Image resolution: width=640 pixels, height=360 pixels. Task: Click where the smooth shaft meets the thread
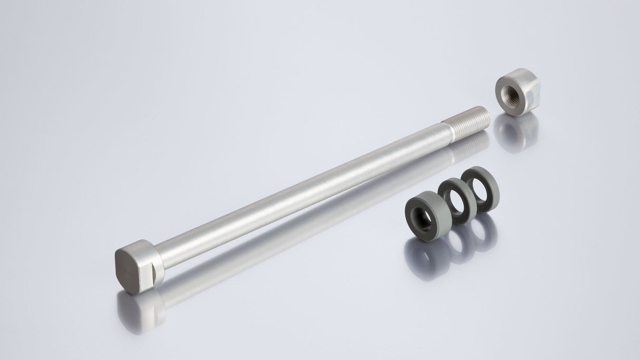click(x=446, y=135)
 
